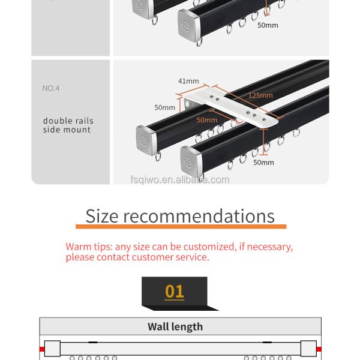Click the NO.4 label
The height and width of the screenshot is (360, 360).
click(x=51, y=88)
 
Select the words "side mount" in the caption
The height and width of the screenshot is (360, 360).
click(x=67, y=130)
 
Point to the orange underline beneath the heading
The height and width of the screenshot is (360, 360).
click(x=181, y=227)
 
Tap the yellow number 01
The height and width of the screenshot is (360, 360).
click(x=175, y=292)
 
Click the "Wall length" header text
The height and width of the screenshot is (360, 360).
click(x=175, y=327)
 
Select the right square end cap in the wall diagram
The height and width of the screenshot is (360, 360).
click(x=308, y=347)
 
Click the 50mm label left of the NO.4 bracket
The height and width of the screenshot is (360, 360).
click(x=164, y=108)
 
